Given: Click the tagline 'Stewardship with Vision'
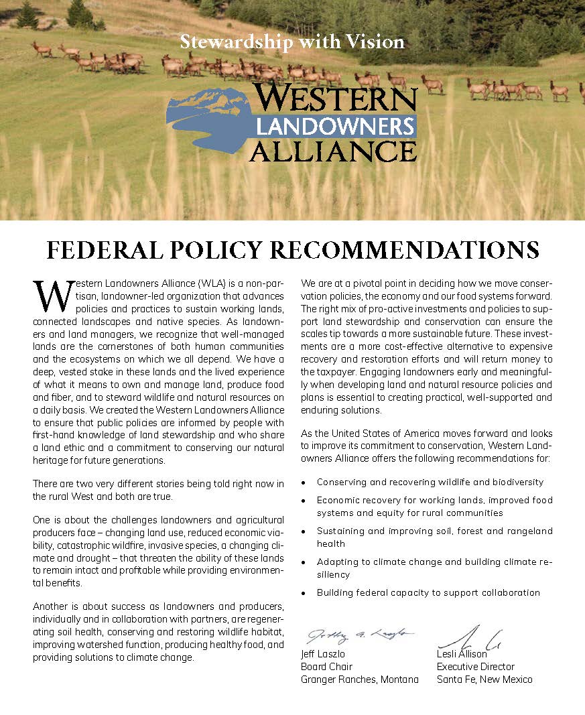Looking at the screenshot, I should (x=292, y=42).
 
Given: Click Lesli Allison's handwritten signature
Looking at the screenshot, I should (x=470, y=637).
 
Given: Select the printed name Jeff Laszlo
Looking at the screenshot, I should (x=324, y=654).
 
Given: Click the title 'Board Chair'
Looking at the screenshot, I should (x=327, y=667).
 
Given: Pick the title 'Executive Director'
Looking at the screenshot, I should (x=476, y=667).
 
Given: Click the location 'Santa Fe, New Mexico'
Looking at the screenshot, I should (x=484, y=679).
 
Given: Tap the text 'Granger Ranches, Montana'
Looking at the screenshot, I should (x=360, y=679).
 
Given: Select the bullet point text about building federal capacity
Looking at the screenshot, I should (x=428, y=592).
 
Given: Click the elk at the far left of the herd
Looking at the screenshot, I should (x=42, y=48).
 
